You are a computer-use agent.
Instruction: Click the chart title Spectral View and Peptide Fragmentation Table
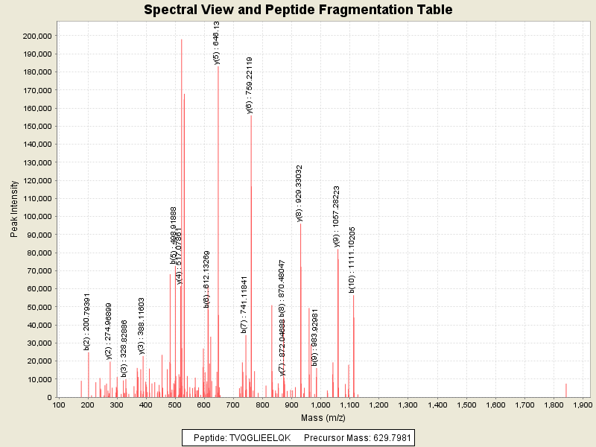pos(297,10)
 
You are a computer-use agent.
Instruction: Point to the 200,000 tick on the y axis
pos(34,36)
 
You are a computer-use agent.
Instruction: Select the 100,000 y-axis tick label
pos(34,217)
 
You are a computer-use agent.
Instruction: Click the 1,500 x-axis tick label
pos(466,405)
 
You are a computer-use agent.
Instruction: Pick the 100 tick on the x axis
pos(59,405)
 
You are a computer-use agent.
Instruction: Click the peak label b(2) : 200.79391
pos(87,321)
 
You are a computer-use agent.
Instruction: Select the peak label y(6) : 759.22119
pos(250,85)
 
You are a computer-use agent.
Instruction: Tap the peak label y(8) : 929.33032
pos(299,193)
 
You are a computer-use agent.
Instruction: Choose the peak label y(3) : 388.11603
pos(142,326)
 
